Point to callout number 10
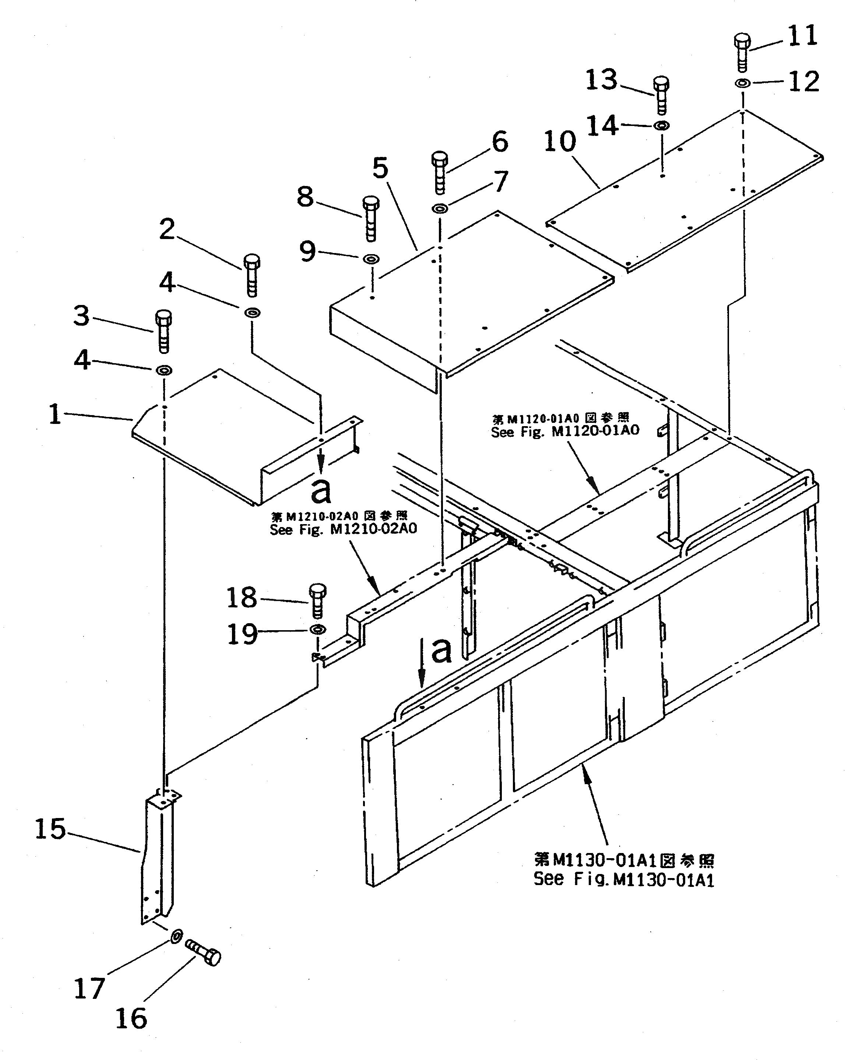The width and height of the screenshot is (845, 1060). pos(560,141)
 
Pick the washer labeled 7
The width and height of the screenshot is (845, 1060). pos(440,208)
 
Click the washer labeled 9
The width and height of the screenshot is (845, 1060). pos(371,258)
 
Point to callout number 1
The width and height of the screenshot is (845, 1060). pos(55,414)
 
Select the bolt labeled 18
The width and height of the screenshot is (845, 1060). pos(317,600)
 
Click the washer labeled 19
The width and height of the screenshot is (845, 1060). pos(317,630)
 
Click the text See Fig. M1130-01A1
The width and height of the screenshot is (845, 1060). pos(623,880)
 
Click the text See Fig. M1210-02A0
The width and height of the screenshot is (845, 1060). pos(343,529)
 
